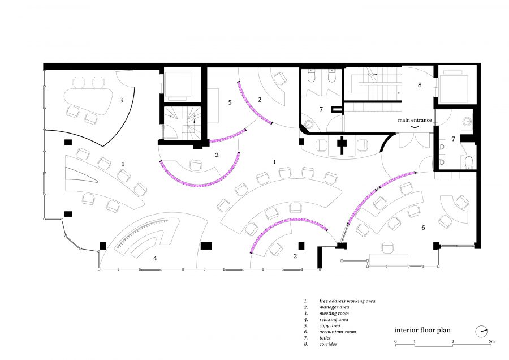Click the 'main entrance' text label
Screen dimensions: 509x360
[415, 120]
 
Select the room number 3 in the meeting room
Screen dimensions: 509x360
[121, 100]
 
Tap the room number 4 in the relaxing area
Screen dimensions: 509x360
[155, 258]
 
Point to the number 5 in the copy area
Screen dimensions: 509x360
[230, 102]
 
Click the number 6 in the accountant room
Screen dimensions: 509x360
[423, 228]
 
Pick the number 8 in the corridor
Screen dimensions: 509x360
[420, 85]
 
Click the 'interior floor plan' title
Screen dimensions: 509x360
[422, 330]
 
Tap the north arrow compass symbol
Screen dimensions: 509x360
[482, 331]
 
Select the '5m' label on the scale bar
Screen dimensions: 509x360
[492, 341]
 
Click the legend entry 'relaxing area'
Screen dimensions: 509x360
[334, 319]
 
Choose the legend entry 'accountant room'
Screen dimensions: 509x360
[338, 332]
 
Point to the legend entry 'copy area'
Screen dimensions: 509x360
[330, 325]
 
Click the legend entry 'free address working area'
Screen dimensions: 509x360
[347, 301]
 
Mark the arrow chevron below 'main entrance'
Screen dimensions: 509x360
[415, 127]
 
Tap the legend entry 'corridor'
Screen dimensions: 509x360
[328, 344]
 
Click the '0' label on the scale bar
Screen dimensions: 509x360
[395, 341]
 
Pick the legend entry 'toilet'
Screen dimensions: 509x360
[325, 338]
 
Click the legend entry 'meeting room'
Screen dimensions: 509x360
[334, 313]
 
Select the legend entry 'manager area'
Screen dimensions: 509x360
[334, 307]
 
